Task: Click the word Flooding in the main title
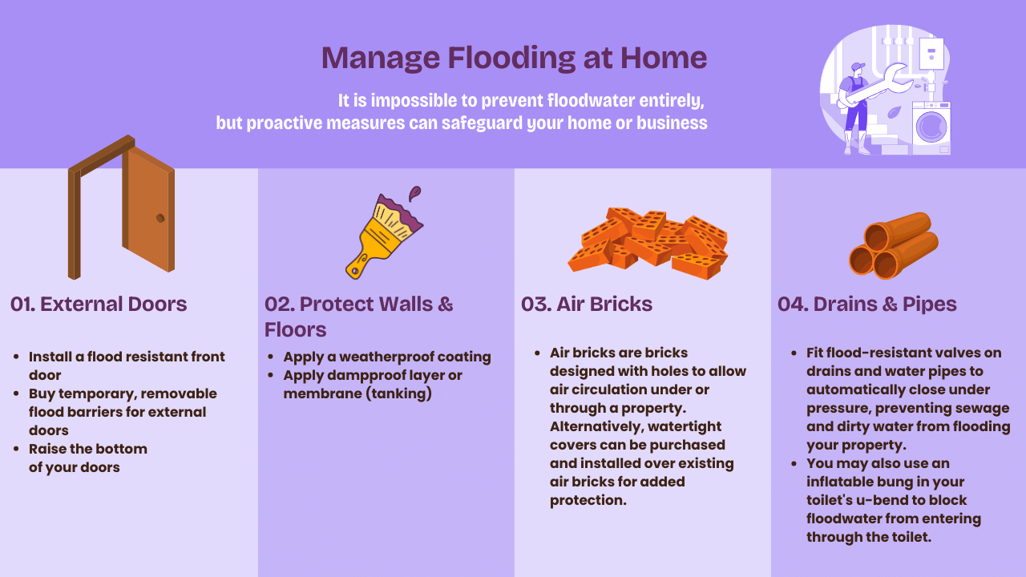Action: click(511, 59)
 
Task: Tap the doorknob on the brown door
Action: click(160, 218)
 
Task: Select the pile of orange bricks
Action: click(648, 243)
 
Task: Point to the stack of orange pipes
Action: click(894, 246)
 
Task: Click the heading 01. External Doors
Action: click(99, 304)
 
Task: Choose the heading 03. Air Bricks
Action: click(587, 304)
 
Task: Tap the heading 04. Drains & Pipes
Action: click(867, 304)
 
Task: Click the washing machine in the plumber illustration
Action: click(931, 127)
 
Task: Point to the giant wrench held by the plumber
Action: click(877, 85)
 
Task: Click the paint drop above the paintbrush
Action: click(414, 193)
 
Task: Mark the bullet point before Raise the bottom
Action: click(17, 449)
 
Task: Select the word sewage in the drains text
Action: click(982, 409)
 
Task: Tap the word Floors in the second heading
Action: click(296, 329)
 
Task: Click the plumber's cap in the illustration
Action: click(858, 67)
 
